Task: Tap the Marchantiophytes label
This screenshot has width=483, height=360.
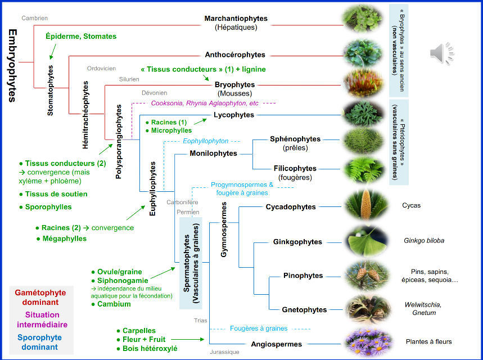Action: click(x=236, y=19)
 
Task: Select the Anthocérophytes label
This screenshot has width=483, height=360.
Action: click(x=235, y=55)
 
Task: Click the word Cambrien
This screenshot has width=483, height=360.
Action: click(x=34, y=18)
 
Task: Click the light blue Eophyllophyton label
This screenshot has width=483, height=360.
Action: click(x=205, y=141)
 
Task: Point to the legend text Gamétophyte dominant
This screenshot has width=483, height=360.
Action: click(x=40, y=298)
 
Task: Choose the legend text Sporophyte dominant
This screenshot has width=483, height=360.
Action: click(x=41, y=343)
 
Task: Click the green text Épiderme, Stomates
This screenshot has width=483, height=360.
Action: click(x=81, y=37)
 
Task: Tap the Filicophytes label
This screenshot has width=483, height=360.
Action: click(x=295, y=168)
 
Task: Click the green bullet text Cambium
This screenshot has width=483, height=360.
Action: click(x=114, y=304)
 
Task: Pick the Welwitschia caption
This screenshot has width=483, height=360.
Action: click(x=423, y=305)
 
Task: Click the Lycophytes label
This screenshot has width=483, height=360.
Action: click(x=234, y=115)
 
